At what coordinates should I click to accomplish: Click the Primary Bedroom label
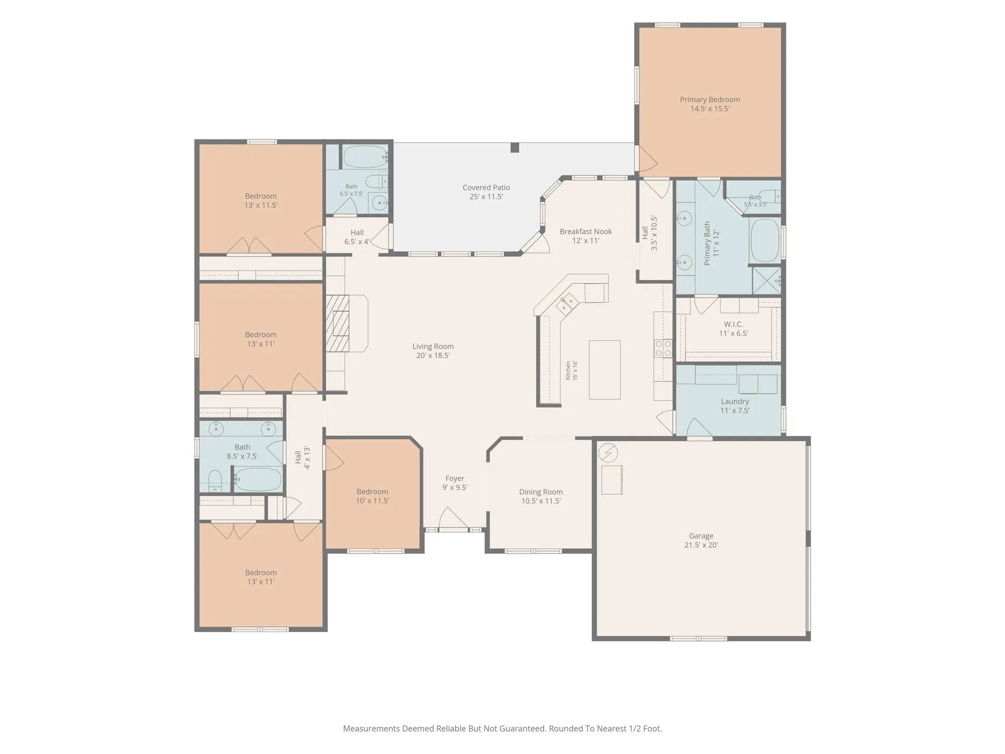point(710,100)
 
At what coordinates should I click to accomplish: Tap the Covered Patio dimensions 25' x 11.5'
point(486,197)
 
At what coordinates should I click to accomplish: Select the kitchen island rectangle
point(605,370)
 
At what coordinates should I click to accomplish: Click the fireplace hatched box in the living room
point(337,323)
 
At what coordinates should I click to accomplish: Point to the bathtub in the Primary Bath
point(765,241)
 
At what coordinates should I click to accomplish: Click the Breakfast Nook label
point(585,232)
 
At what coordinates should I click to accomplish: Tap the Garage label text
point(701,536)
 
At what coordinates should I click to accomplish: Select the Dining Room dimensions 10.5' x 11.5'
point(541,501)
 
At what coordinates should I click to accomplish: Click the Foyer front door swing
point(453,518)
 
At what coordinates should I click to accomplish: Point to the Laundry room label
point(735,402)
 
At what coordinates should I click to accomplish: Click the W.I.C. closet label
point(734,324)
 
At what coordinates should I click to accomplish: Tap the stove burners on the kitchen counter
point(663,348)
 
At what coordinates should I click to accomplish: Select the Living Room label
point(433,347)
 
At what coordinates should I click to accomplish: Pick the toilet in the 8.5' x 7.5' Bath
point(215,481)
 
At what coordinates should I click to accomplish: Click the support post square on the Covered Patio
point(514,147)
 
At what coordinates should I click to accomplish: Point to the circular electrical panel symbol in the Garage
point(608,453)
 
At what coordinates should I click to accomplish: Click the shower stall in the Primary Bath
point(767,280)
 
